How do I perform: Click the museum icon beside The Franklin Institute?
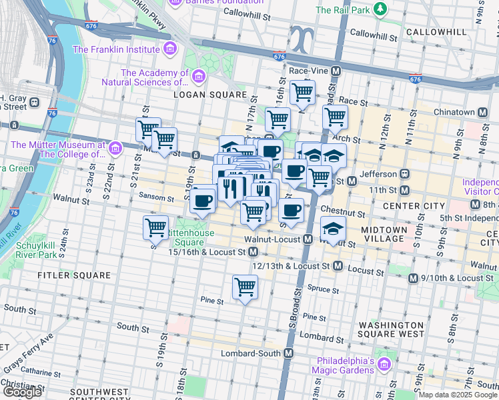tap(169, 49)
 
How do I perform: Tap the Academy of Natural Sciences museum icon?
tap(198, 78)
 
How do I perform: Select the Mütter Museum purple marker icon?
tap(115, 148)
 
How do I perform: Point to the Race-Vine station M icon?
tap(336, 71)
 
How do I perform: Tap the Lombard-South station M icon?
tap(289, 353)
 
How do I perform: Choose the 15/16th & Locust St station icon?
tap(253, 252)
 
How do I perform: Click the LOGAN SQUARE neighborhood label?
tap(201, 95)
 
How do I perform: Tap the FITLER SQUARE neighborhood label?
tap(74, 275)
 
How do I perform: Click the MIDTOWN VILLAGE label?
tap(383, 233)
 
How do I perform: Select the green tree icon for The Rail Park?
tap(380, 9)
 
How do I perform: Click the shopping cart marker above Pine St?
tap(245, 287)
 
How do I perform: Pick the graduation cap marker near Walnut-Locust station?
tap(333, 227)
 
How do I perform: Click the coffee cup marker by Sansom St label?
tap(202, 199)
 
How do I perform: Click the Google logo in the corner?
tap(22, 392)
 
